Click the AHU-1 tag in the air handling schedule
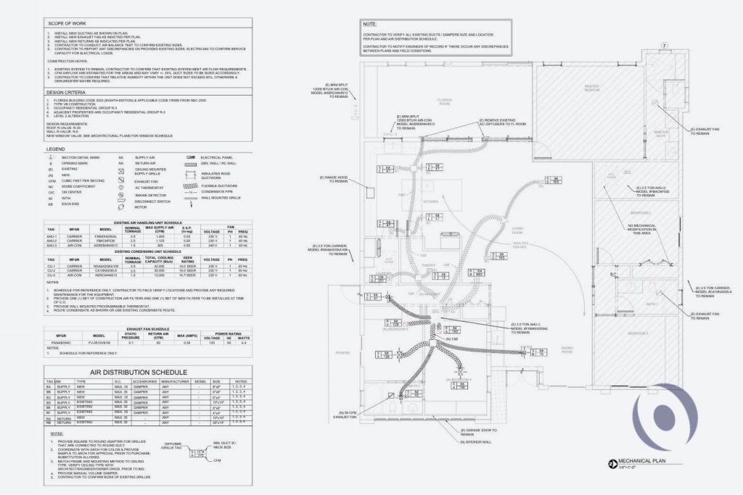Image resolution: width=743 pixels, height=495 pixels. tap(52, 237)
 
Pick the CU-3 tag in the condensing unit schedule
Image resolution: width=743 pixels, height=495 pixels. tap(52, 275)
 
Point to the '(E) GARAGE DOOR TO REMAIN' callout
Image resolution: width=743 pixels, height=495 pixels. tap(481, 433)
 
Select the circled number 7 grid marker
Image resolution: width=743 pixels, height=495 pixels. tap(663, 46)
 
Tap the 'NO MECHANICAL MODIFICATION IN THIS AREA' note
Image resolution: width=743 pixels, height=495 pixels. tap(639, 230)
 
